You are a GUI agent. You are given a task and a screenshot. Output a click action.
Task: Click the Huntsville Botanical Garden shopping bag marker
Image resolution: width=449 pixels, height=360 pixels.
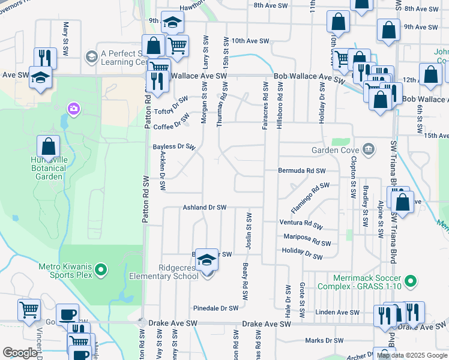point(48,147)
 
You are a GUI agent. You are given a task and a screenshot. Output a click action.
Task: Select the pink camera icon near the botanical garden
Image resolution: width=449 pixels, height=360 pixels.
point(74,109)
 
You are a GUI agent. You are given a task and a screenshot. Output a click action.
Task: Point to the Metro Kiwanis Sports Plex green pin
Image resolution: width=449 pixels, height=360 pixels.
point(100,271)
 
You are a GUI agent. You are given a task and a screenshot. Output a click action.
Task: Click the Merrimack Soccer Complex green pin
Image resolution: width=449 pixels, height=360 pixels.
point(411,280)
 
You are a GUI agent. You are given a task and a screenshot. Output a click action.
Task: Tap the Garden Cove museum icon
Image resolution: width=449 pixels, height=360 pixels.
point(368,149)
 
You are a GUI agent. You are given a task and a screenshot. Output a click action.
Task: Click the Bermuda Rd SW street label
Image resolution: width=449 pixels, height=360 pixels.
point(301,170)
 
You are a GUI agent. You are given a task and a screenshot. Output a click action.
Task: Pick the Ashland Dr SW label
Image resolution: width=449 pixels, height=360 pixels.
point(204,208)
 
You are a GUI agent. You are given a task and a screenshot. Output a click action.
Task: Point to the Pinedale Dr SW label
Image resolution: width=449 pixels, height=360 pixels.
point(215,308)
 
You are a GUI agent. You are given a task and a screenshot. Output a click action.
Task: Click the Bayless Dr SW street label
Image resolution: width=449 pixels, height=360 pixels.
point(174,146)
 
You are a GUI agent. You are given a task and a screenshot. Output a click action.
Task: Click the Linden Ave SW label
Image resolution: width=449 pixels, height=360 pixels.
point(338,313)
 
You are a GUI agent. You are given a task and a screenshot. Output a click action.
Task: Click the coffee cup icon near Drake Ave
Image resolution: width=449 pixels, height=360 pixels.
point(67,314)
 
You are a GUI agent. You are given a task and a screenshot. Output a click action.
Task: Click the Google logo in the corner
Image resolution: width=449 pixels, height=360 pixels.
point(20,353)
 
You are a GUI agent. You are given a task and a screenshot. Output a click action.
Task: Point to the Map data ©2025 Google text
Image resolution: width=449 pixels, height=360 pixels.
point(412,355)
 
